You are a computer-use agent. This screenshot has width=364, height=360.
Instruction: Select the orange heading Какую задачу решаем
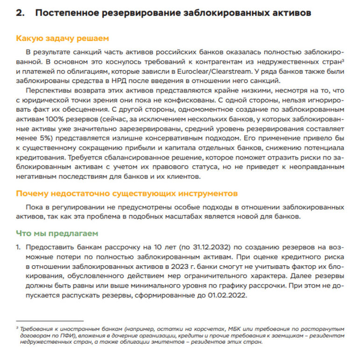coord(62,38)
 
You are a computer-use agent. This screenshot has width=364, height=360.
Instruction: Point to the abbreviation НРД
coord(150,80)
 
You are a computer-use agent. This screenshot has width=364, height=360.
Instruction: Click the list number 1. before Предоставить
coord(18,247)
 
